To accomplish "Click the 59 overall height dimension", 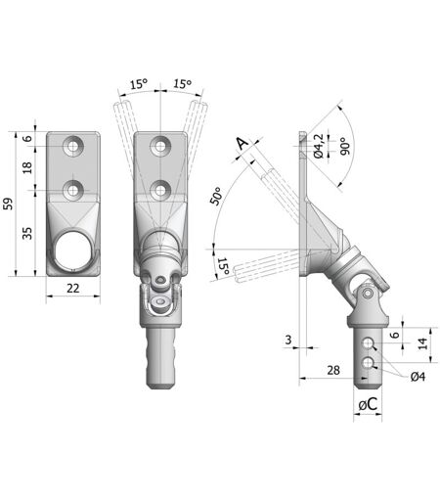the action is (x=9, y=204).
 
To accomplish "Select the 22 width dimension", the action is (x=73, y=288).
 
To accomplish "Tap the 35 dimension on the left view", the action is (x=27, y=233).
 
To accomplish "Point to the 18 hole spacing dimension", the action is (x=27, y=167).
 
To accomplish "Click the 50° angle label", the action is (x=217, y=196).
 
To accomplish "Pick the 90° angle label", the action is (x=345, y=146).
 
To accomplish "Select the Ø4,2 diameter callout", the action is (x=319, y=146).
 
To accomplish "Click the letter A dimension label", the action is (x=242, y=144).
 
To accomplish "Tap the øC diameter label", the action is (x=368, y=404).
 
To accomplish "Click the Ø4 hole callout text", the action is (x=418, y=377).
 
